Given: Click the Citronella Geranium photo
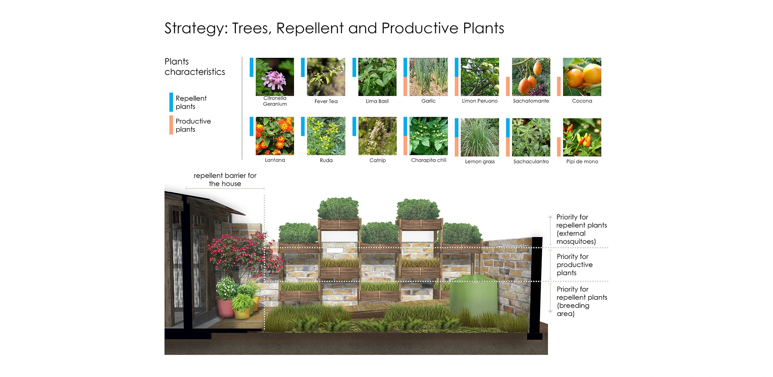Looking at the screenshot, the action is pyautogui.click(x=275, y=77).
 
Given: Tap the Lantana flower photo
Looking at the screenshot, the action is pyautogui.click(x=275, y=136).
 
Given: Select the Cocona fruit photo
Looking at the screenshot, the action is pyautogui.click(x=582, y=77).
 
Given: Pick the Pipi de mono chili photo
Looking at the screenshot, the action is pyautogui.click(x=582, y=137).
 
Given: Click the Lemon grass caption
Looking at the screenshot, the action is pyautogui.click(x=480, y=161).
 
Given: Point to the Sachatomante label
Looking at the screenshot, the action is pyautogui.click(x=531, y=101).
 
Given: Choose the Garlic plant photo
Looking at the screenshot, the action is pyautogui.click(x=428, y=77).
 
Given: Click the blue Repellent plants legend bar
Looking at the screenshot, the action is pyautogui.click(x=171, y=102).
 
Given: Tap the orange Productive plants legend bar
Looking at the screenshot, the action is pyautogui.click(x=171, y=125).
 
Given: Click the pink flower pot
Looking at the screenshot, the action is pyautogui.click(x=225, y=308).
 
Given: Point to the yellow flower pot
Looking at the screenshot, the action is pyautogui.click(x=242, y=313).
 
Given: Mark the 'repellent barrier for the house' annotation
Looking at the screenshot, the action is pyautogui.click(x=225, y=179).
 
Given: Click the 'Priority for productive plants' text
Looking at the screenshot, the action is pyautogui.click(x=574, y=265).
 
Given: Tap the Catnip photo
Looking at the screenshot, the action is pyautogui.click(x=377, y=136).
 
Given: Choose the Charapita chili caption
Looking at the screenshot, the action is pyautogui.click(x=428, y=160).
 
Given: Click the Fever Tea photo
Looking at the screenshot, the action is pyautogui.click(x=326, y=77).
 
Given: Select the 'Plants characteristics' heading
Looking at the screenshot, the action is pyautogui.click(x=194, y=67).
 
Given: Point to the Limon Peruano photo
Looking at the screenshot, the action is pyautogui.click(x=480, y=77).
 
